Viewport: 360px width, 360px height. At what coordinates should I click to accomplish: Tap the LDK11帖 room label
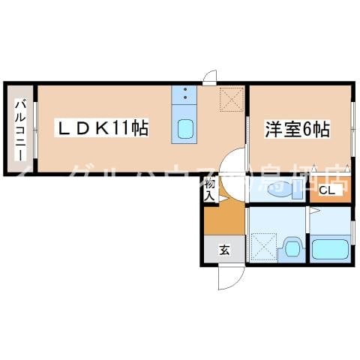tap(103, 128)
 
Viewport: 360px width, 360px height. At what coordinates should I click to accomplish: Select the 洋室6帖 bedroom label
tap(297, 128)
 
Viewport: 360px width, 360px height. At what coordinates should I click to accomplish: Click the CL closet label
tap(326, 190)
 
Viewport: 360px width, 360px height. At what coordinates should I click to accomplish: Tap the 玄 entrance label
tap(223, 250)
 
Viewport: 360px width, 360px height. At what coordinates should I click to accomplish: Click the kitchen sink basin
tap(184, 130)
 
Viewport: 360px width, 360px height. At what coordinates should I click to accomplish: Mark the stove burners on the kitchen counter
tap(184, 94)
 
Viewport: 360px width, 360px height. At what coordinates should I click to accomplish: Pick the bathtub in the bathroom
tap(330, 248)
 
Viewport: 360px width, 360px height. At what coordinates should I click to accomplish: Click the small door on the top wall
tap(211, 76)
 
